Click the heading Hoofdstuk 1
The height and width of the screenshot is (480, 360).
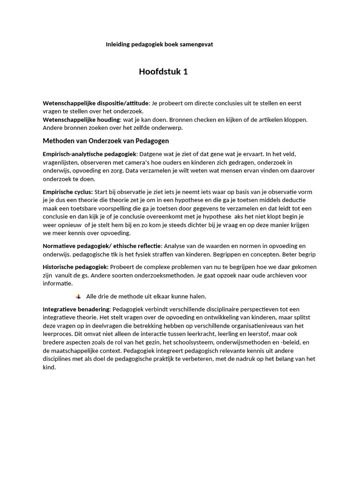pyautogui.click(x=163, y=72)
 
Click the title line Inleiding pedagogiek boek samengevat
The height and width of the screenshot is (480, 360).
pyautogui.click(x=159, y=45)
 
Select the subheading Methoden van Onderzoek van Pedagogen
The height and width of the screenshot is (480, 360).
pyautogui.click(x=106, y=141)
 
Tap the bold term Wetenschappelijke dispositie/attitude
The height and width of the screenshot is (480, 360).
pyautogui.click(x=96, y=103)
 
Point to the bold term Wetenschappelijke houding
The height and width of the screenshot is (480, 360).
pyautogui.click(x=82, y=120)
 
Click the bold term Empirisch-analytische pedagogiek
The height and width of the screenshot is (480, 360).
pyautogui.click(x=90, y=154)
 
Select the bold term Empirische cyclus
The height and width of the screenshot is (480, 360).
pyautogui.click(x=67, y=192)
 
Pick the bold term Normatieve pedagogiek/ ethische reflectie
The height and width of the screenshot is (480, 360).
pyautogui.click(x=102, y=246)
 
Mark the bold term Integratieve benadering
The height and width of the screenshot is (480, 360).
pyautogui.click(x=76, y=309)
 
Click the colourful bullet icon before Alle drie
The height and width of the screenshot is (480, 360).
pyautogui.click(x=78, y=297)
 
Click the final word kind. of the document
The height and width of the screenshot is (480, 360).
pyautogui.click(x=49, y=367)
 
